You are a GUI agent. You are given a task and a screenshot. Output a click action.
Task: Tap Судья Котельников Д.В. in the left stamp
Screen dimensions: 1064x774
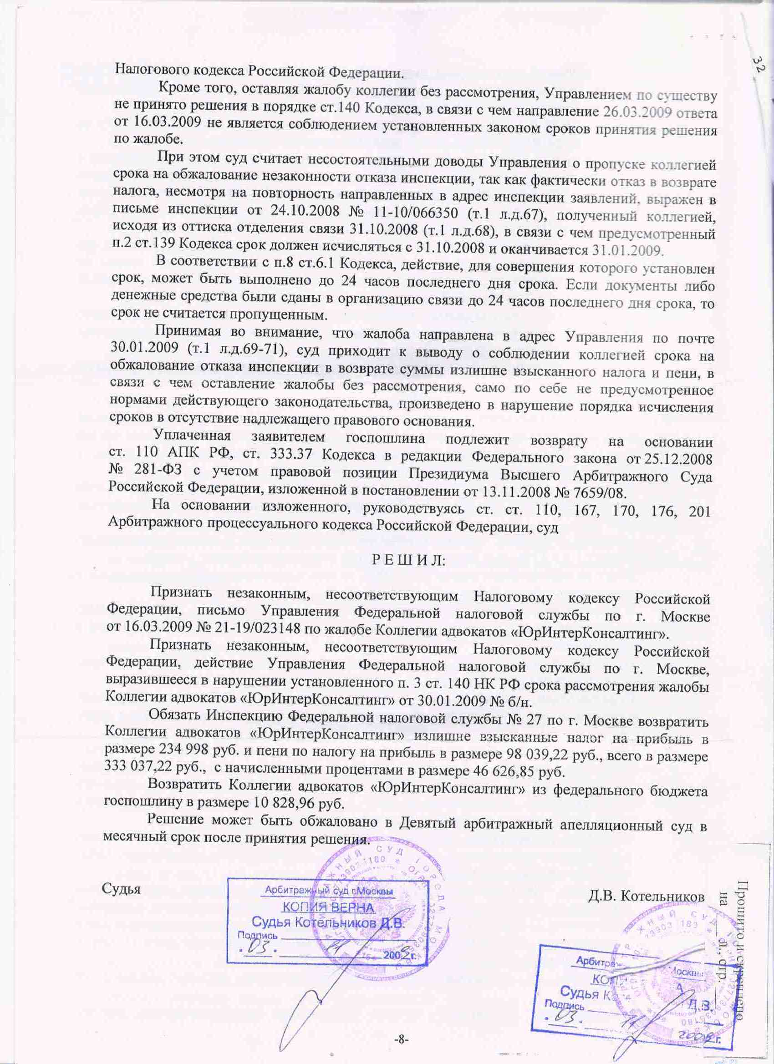point(328,922)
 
